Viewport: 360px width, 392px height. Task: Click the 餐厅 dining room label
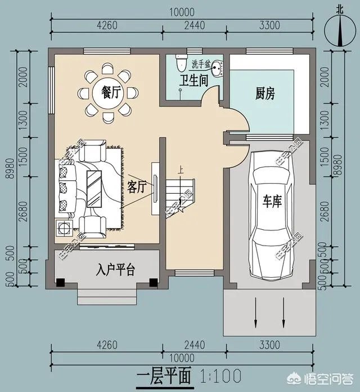tap(108, 93)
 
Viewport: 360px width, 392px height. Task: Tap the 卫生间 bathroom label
tap(194, 81)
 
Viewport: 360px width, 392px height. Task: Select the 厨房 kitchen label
tap(265, 93)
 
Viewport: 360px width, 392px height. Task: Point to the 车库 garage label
tap(272, 202)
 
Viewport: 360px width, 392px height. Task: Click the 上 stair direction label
tap(180, 168)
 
